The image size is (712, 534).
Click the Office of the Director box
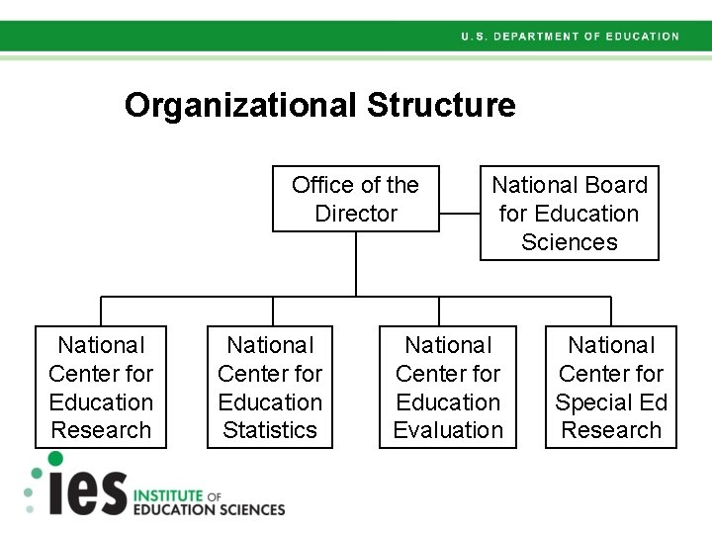coord(356,198)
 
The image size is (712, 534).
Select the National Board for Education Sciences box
coord(569,213)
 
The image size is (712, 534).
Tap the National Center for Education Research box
coord(101,387)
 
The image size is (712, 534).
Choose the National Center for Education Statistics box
coord(270,387)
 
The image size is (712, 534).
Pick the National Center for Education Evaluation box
coord(448,387)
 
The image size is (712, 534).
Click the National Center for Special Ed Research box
coord(611,387)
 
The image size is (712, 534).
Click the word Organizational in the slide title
coord(241,105)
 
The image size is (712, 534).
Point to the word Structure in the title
coord(441,105)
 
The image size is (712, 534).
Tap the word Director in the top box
coord(356,214)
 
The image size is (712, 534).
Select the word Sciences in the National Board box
coord(569,242)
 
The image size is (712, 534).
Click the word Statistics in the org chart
coord(270,430)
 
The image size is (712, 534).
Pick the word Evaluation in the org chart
coord(448,430)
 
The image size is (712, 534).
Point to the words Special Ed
coord(611,402)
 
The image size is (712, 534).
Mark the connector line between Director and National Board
coord(460,213)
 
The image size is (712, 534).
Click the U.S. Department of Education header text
coord(570,37)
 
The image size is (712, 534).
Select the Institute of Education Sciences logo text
coord(208,502)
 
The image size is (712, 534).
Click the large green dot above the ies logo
coord(55,459)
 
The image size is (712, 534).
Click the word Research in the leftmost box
coord(101,430)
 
